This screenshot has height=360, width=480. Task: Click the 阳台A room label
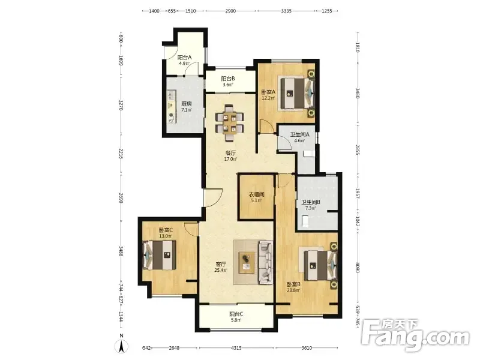pos(185,57)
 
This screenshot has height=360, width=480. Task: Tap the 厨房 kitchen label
pos(186,104)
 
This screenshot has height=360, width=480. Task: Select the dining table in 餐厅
pos(230,123)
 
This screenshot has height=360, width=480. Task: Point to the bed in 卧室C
pos(160,255)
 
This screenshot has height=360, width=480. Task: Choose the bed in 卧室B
pos(320,265)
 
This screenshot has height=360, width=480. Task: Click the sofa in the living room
pos(266,262)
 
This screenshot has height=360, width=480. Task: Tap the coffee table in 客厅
pos(247,262)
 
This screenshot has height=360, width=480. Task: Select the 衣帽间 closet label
pos(256,194)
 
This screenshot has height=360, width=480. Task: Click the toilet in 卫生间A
pos(308,154)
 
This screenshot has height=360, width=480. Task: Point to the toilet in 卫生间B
pos(305,221)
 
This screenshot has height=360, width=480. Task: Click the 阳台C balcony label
pos(236,314)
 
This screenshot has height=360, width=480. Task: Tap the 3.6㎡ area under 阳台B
pos(228,85)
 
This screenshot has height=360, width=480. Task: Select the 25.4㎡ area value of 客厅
pos(221,270)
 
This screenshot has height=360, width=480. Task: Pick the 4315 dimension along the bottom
pos(236,348)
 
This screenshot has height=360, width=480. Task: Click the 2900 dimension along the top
pos(230,11)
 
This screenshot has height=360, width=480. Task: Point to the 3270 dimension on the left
pos(121,105)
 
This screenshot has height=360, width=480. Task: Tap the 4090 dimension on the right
pos(357,267)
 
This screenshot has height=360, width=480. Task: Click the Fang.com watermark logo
pos(415,335)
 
